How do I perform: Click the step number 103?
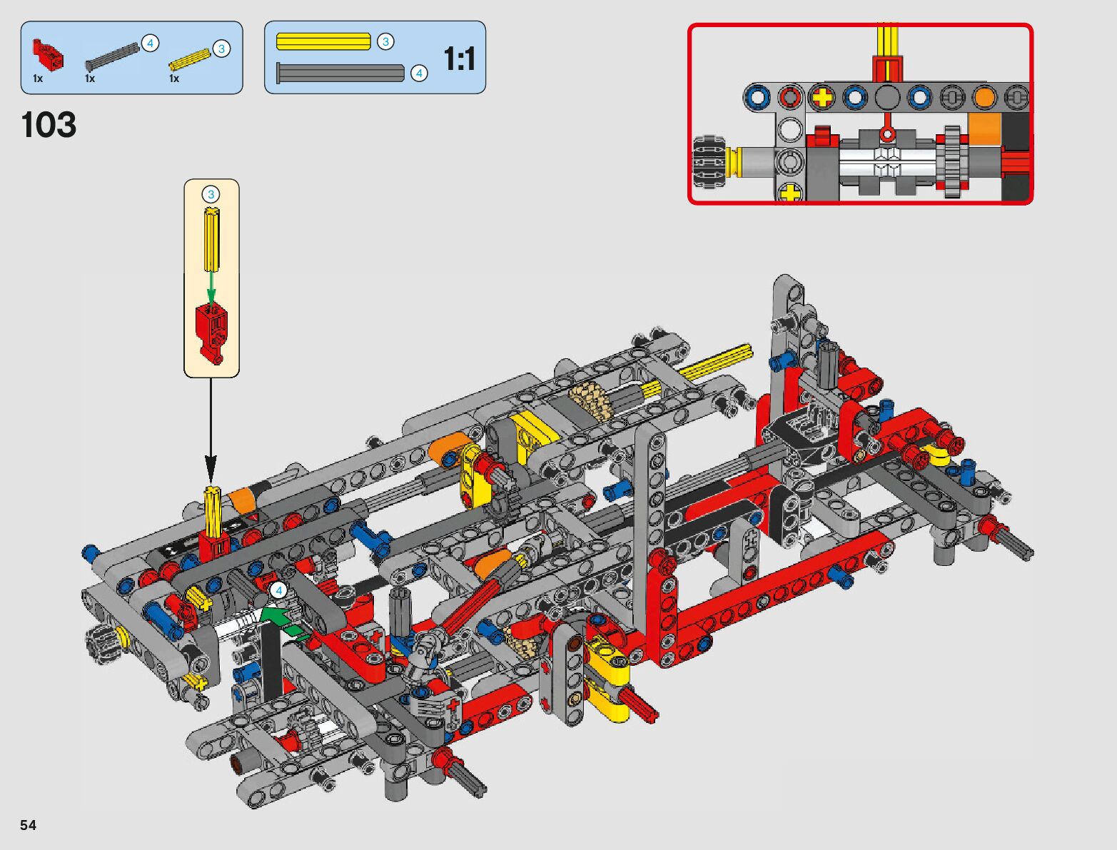[x=49, y=125]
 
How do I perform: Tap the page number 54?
[x=29, y=825]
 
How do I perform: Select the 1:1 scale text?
[x=460, y=59]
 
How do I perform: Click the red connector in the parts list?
[x=49, y=54]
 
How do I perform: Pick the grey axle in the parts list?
[x=112, y=56]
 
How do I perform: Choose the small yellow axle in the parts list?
[x=189, y=59]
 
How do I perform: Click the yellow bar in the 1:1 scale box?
[x=323, y=41]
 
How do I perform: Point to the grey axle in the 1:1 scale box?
[x=340, y=73]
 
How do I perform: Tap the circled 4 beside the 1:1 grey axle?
[x=419, y=74]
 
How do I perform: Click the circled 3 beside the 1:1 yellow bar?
[x=385, y=41]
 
